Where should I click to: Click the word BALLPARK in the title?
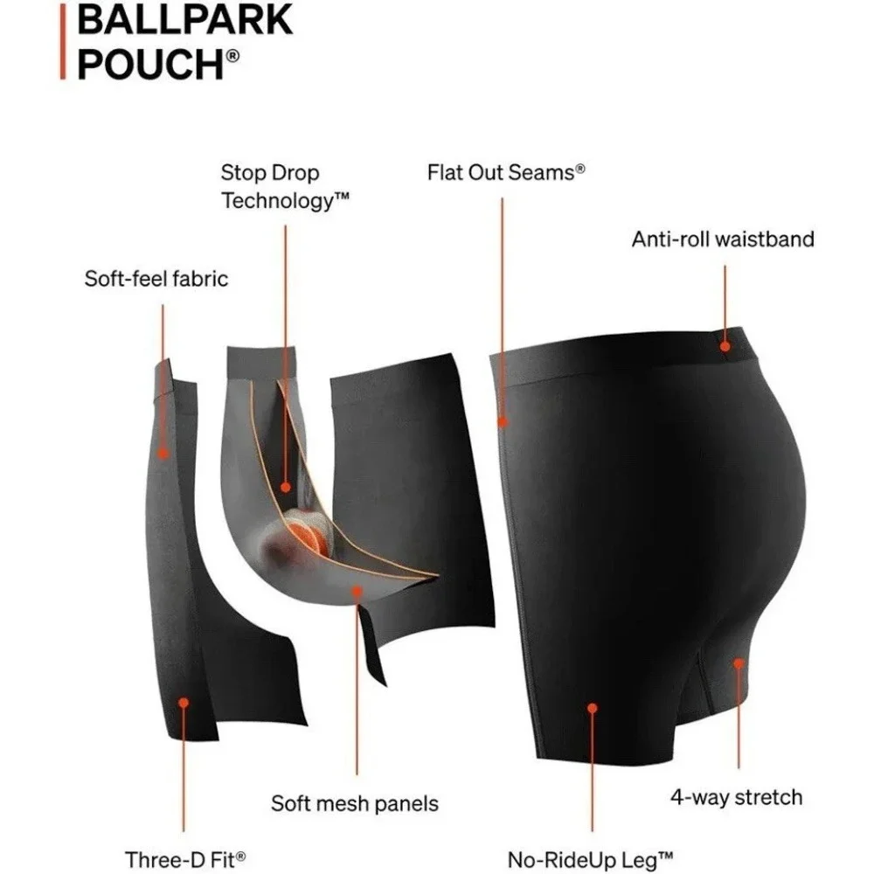tap(184, 20)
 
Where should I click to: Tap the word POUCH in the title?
tap(150, 64)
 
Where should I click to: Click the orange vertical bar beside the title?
tap(63, 42)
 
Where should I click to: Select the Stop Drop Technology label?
tap(285, 186)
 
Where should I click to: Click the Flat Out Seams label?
tap(506, 173)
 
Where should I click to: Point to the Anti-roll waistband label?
tap(723, 239)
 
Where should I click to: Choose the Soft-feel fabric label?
tap(156, 278)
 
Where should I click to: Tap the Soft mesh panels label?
tap(355, 803)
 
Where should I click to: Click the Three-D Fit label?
tap(185, 859)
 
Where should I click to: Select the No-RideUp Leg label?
tap(590, 859)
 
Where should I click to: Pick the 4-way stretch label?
tap(736, 797)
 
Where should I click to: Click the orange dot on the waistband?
tap(725, 346)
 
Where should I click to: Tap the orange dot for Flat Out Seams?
tap(503, 422)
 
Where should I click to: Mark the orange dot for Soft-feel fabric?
tap(163, 454)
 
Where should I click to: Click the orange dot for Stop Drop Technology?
tap(286, 487)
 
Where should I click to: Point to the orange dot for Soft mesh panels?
tap(357, 591)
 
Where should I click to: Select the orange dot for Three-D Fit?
tap(184, 703)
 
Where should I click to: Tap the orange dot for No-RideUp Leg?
tap(592, 708)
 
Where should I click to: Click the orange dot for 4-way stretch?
tap(739, 663)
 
